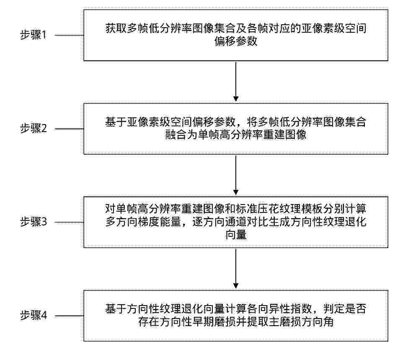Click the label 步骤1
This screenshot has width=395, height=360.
click(x=34, y=35)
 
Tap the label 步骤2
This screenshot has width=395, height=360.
click(x=34, y=128)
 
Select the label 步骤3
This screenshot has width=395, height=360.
click(x=34, y=222)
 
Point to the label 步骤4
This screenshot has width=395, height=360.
click(x=34, y=315)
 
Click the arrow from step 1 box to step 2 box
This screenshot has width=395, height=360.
click(x=236, y=81)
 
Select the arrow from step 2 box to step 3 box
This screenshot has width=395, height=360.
click(x=236, y=175)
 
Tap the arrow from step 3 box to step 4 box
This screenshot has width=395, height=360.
click(x=236, y=268)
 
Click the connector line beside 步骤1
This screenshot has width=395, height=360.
click(x=69, y=35)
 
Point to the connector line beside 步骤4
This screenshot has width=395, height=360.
click(x=69, y=316)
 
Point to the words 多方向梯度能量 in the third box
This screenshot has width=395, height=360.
click(x=143, y=222)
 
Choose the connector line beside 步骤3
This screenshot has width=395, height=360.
click(x=69, y=223)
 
